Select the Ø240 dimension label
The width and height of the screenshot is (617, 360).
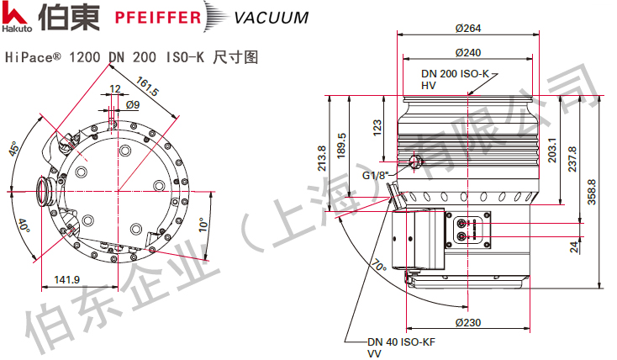click(x=467, y=53)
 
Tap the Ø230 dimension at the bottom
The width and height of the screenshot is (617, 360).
click(x=467, y=323)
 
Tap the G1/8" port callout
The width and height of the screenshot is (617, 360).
click(x=376, y=176)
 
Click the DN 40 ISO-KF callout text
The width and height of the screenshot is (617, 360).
click(x=399, y=342)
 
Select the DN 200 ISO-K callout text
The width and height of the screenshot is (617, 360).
click(x=455, y=74)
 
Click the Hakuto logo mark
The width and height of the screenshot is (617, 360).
click(x=14, y=14)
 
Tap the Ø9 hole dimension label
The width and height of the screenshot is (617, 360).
click(x=133, y=104)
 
